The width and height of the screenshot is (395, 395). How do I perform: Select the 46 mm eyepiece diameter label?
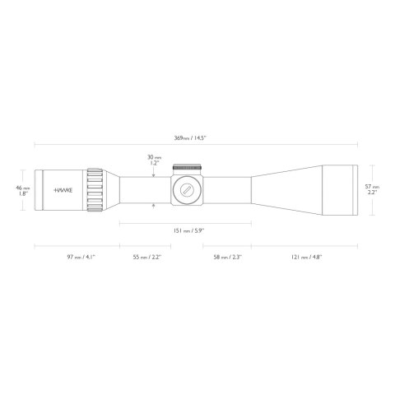(x=24, y=188)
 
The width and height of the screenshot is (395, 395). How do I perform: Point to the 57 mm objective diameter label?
(x=372, y=188)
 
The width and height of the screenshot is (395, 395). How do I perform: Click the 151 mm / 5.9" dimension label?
(x=185, y=230)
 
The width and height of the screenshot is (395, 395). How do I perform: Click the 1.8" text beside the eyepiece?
(x=24, y=195)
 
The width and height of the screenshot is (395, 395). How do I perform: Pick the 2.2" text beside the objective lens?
(x=372, y=193)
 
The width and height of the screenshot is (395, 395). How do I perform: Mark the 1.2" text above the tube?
(x=152, y=163)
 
